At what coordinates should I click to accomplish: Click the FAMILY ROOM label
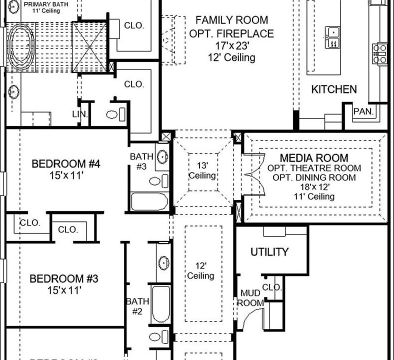point(231,20)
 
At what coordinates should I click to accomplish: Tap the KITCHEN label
point(334,89)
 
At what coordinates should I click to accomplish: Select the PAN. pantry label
point(363,111)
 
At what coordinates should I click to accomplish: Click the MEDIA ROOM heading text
point(314,158)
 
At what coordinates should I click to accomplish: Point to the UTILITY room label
point(269,252)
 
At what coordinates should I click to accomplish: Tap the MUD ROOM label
point(250,298)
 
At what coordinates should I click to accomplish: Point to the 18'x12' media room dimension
point(313,187)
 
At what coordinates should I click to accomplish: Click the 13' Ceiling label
point(202,170)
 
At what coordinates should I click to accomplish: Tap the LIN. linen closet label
point(80,114)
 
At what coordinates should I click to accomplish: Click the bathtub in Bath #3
point(149,202)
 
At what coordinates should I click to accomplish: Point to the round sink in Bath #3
point(163,157)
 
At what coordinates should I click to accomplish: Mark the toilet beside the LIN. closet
point(113,114)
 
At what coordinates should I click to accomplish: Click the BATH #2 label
point(137,306)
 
